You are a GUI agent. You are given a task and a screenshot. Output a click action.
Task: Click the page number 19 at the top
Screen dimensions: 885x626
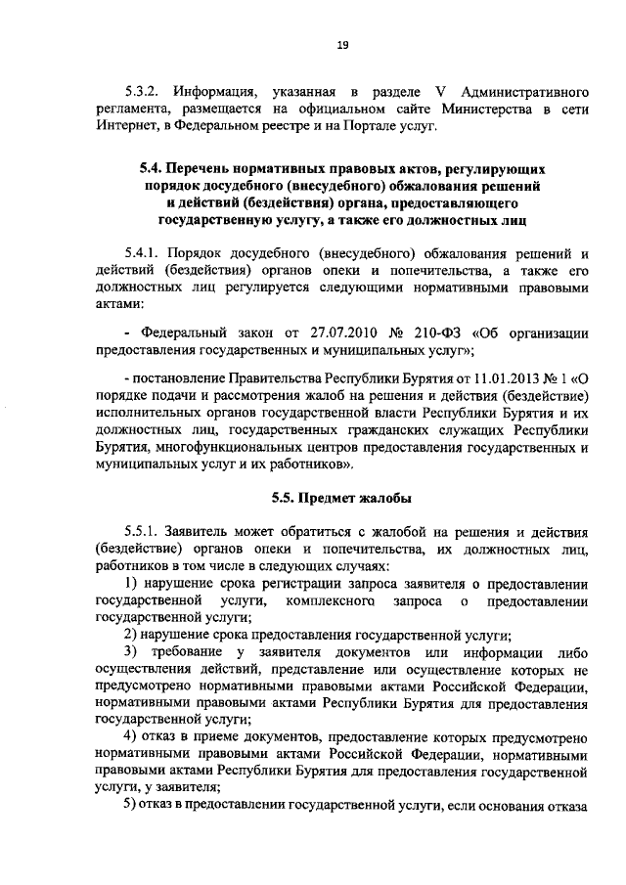click(343, 43)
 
